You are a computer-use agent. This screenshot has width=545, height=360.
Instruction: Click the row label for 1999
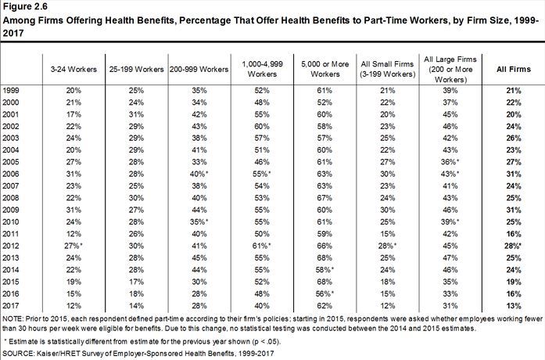click(x=13, y=91)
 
